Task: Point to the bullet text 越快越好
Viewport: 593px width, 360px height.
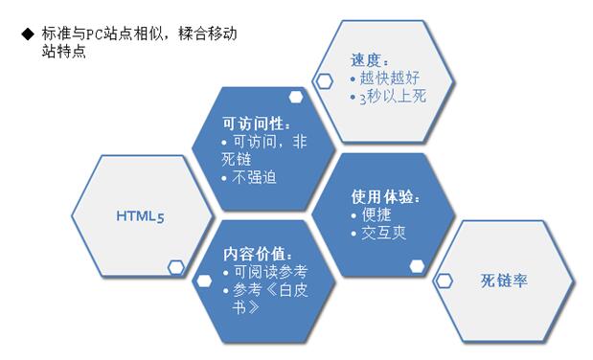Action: tap(390, 79)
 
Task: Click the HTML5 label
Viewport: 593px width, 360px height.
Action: tap(141, 216)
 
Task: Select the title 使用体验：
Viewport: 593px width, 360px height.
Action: tap(386, 197)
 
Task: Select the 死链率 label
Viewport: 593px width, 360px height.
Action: tap(505, 281)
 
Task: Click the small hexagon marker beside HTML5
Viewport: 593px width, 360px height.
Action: tap(176, 267)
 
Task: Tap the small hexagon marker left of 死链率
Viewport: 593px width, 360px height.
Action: tap(445, 281)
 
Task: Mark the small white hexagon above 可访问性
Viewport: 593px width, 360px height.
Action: tap(297, 95)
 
